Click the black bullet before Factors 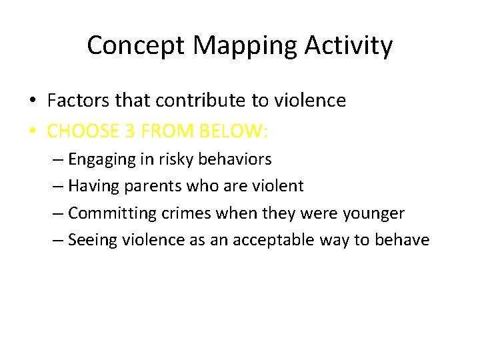coord(32,101)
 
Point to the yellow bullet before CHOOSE coord(32,131)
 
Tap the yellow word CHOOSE coord(82,131)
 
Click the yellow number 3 coord(130,131)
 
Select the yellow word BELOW coord(236,131)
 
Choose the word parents coord(151,186)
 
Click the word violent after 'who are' coord(277,186)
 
